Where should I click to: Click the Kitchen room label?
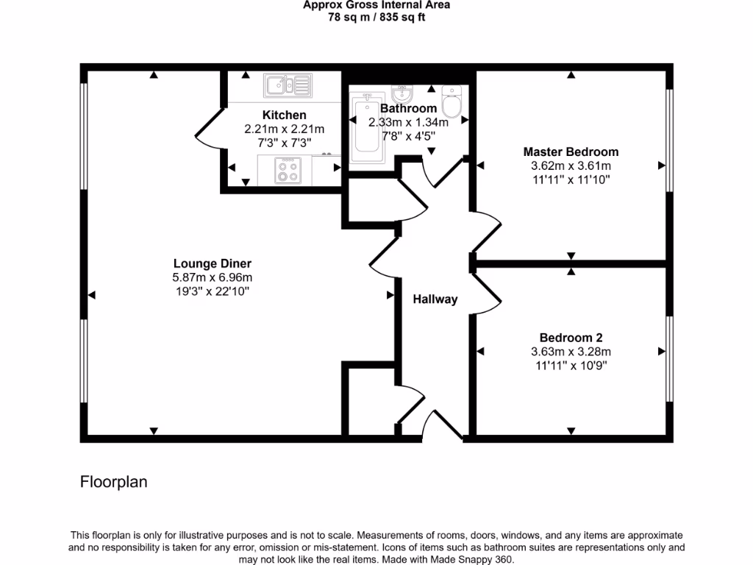pyautogui.click(x=284, y=115)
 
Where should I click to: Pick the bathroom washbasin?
pyautogui.click(x=402, y=95)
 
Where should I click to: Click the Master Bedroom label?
pyautogui.click(x=571, y=152)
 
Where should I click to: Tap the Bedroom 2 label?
pyautogui.click(x=571, y=338)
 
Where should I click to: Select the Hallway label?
pyautogui.click(x=435, y=299)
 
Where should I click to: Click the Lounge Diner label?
pyautogui.click(x=213, y=263)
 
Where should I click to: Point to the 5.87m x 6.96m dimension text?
pyautogui.click(x=213, y=277)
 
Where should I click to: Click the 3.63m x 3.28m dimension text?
pyautogui.click(x=571, y=352)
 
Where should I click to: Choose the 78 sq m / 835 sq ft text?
pyautogui.click(x=376, y=18)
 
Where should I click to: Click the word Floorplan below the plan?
pyautogui.click(x=114, y=483)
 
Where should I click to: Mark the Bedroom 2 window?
pyautogui.click(x=669, y=358)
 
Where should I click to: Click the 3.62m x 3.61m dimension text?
pyautogui.click(x=571, y=166)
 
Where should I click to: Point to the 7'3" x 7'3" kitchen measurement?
pyautogui.click(x=284, y=143)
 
